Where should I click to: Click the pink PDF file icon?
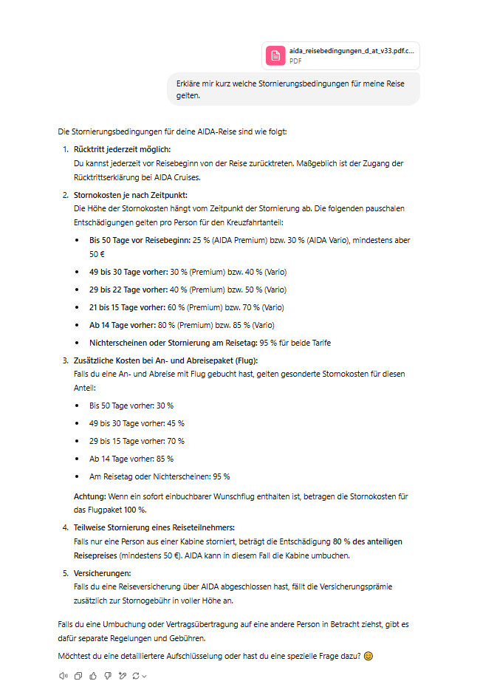pyautogui.click(x=275, y=55)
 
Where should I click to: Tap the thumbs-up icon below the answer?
pyautogui.click(x=93, y=675)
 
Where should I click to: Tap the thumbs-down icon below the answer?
pyautogui.click(x=108, y=675)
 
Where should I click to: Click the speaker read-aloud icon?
pyautogui.click(x=63, y=675)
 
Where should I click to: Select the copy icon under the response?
pyautogui.click(x=78, y=675)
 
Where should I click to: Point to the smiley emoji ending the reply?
pyautogui.click(x=368, y=657)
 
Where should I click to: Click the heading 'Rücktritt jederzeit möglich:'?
pyautogui.click(x=122, y=149)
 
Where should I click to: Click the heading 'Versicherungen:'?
pyautogui.click(x=103, y=572)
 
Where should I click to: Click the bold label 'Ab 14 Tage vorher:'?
pyautogui.click(x=122, y=325)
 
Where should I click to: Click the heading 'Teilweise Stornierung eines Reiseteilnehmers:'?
pyautogui.click(x=154, y=527)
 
